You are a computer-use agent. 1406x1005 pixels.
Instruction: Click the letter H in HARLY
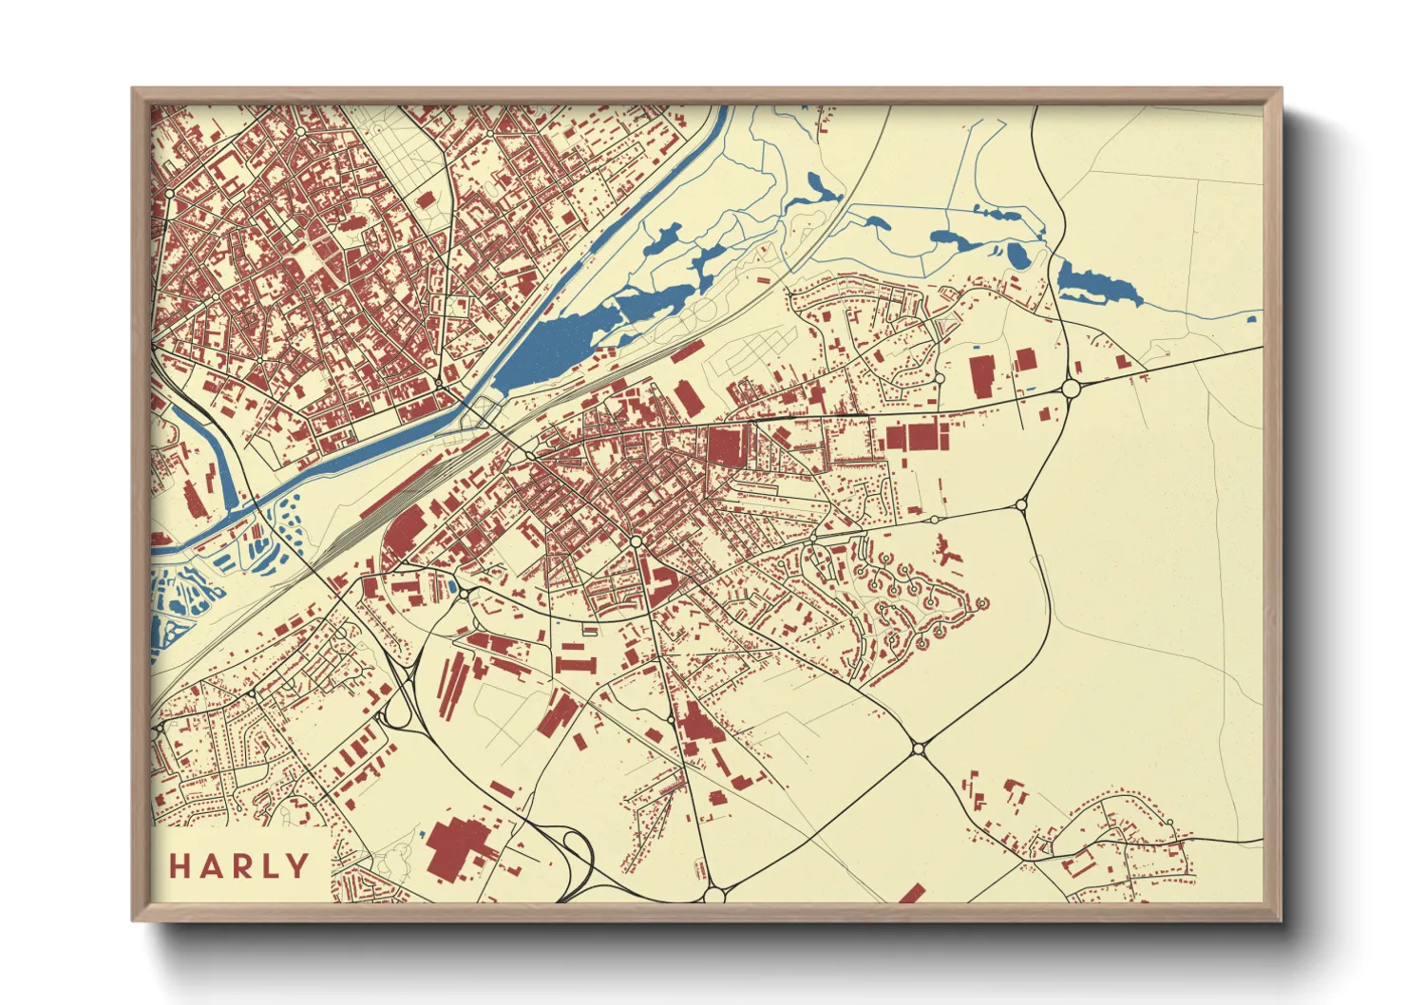pyautogui.click(x=181, y=866)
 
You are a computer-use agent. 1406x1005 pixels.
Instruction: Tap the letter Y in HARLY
pyautogui.click(x=298, y=866)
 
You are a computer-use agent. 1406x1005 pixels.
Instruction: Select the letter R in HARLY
pyautogui.click(x=239, y=866)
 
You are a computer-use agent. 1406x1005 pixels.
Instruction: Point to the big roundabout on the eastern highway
pyautogui.click(x=1071, y=389)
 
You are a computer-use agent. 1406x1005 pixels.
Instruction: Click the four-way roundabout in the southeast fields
pyautogui.click(x=918, y=749)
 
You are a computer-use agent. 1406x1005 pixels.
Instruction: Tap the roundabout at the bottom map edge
pyautogui.click(x=715, y=894)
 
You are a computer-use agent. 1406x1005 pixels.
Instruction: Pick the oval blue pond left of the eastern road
pyautogui.click(x=1016, y=254)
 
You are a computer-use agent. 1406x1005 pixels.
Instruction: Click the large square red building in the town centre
pyautogui.click(x=726, y=446)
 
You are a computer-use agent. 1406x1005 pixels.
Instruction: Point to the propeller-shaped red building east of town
pyautogui.click(x=945, y=551)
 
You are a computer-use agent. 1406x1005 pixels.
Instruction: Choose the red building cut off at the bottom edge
pyautogui.click(x=912, y=894)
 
